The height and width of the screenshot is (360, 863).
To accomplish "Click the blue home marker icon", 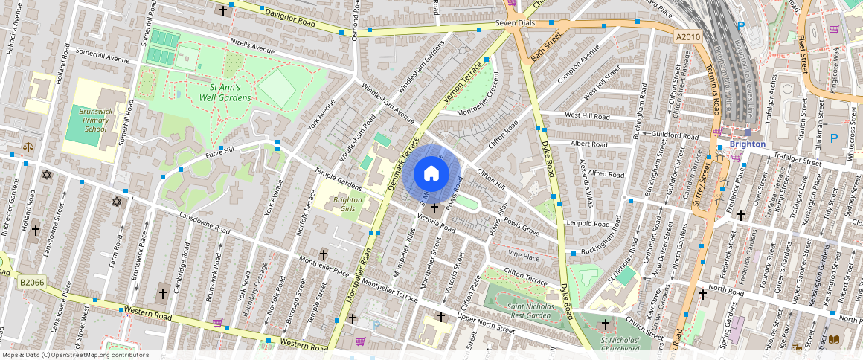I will coord(431,174).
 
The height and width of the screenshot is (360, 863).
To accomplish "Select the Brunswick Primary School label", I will coord(95,120).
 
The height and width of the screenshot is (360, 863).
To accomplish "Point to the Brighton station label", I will coord(748,144).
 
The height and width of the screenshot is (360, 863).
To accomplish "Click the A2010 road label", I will coord(689,36).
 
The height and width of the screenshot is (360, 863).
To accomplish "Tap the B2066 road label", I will coord(33,283).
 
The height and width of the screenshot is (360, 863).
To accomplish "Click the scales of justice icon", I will coord(28,147).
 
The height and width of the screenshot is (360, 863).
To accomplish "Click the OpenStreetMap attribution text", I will coord(75,355).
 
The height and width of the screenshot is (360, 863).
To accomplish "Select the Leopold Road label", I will coord(588,223).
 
